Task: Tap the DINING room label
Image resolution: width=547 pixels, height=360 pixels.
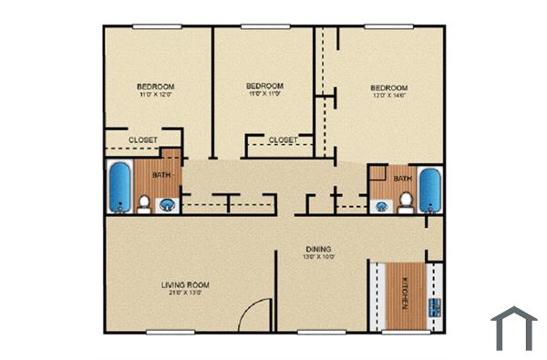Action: [318, 248]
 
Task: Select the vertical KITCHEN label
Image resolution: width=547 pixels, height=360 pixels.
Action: [404, 298]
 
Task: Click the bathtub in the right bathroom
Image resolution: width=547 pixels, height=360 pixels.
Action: [429, 189]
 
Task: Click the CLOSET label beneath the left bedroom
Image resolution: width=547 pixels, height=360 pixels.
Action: [142, 139]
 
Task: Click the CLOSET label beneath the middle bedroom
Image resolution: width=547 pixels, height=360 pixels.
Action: [283, 139]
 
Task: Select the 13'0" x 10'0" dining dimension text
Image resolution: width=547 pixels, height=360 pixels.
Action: [318, 257]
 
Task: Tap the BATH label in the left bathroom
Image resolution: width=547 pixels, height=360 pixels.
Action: [160, 175]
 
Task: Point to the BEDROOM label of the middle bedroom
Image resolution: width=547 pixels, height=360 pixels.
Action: [264, 85]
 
